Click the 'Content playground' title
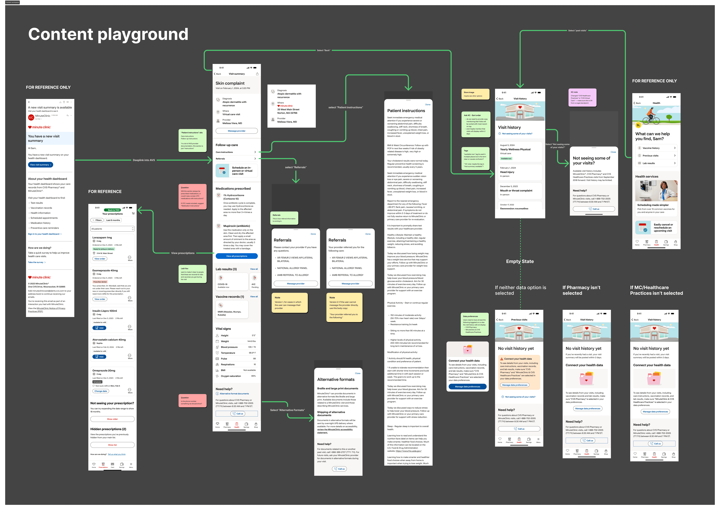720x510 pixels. point(108,34)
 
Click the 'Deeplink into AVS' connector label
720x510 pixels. point(144,160)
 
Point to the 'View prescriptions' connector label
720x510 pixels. point(183,253)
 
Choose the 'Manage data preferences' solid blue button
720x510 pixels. point(467,387)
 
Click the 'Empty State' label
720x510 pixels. point(520,261)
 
